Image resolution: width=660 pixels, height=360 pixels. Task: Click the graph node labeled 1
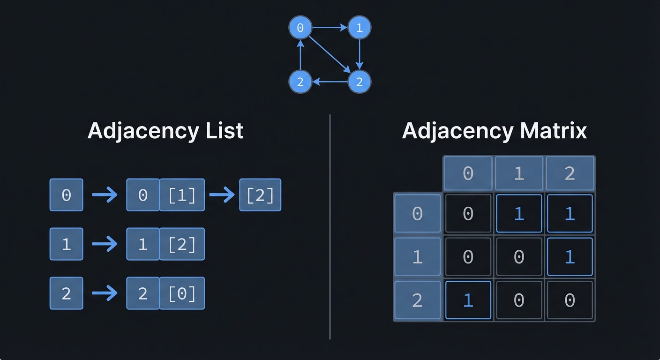point(359,28)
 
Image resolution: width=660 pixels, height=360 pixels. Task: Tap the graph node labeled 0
point(300,28)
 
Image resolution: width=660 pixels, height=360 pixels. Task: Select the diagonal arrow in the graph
point(330,54)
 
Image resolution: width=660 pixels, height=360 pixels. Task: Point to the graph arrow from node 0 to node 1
point(330,28)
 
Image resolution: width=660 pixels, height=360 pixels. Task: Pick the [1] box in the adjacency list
point(182,195)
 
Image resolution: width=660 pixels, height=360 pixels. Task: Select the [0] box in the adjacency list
point(182,293)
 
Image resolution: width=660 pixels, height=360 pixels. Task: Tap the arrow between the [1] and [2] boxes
point(222,195)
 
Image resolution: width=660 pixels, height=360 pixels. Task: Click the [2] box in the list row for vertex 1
point(182,244)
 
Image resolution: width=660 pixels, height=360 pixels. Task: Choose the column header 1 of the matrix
point(519,173)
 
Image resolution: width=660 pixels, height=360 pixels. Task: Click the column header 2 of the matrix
point(570,173)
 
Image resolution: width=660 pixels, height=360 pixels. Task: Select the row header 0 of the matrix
point(417,214)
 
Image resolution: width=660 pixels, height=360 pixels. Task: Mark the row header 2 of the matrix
point(417,300)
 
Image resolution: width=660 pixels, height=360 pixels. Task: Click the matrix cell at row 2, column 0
point(468,300)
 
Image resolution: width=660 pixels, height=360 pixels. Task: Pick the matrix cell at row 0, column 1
point(519,214)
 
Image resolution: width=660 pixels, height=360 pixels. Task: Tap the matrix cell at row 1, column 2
point(570,257)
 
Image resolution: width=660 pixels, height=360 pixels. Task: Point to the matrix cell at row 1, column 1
point(519,257)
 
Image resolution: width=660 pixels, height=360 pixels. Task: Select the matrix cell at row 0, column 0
point(468,214)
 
